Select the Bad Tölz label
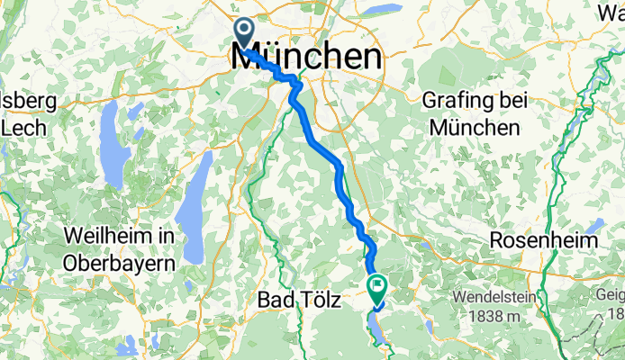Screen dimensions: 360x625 pyautogui.click(x=298, y=300)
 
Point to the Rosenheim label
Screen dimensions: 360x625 pyautogui.click(x=544, y=241)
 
